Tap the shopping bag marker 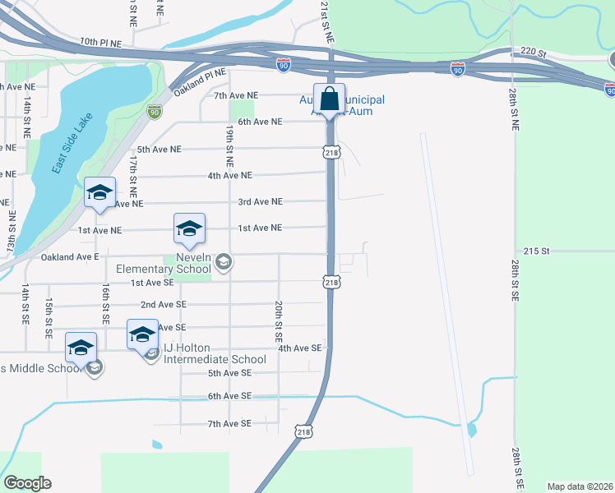pyautogui.click(x=329, y=99)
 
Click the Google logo pyautogui.click(x=27, y=483)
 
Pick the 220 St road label pyautogui.click(x=533, y=52)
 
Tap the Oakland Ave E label pyautogui.click(x=70, y=257)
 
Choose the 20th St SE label pyautogui.click(x=280, y=320)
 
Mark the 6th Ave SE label pyautogui.click(x=229, y=396)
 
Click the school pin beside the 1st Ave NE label pyautogui.click(x=189, y=229)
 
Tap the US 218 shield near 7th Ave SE pyautogui.click(x=304, y=431)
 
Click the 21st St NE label pyautogui.click(x=326, y=22)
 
